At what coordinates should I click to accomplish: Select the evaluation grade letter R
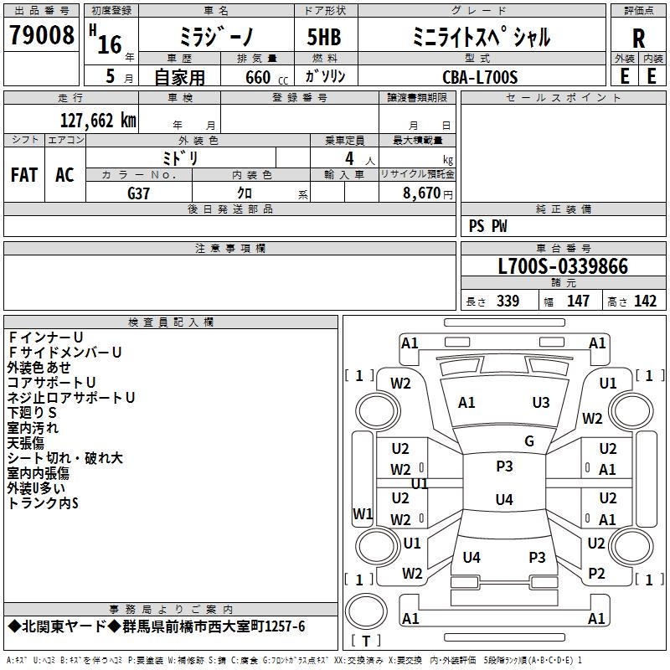tap(638, 38)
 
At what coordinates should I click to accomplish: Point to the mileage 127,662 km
tap(98, 120)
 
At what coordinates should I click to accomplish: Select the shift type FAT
tap(23, 175)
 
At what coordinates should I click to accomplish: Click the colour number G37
tap(139, 193)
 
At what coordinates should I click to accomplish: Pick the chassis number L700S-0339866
tap(562, 266)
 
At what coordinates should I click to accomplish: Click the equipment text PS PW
tap(488, 226)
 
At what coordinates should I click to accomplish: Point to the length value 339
tap(508, 301)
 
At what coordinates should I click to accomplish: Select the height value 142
tap(645, 301)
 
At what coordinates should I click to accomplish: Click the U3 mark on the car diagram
tap(541, 403)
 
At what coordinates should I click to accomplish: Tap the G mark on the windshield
tap(529, 441)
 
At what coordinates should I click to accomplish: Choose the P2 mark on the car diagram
tap(596, 574)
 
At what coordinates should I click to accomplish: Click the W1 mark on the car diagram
tap(363, 513)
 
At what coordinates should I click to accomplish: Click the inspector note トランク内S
tap(43, 503)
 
